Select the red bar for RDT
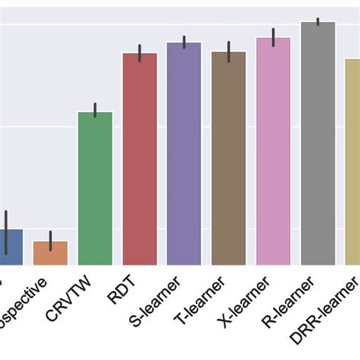tap(140, 159)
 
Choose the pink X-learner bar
tap(273, 151)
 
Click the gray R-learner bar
tap(317, 144)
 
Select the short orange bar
tap(50, 253)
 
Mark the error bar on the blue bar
tap(6, 232)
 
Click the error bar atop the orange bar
tap(50, 240)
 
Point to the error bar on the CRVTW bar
tap(95, 110)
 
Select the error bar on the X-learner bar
tap(273, 36)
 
